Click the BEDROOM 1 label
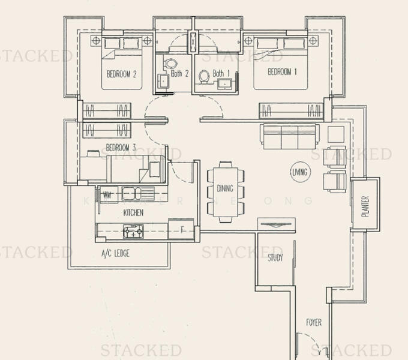pyautogui.click(x=282, y=72)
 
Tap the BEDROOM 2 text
pyautogui.click(x=122, y=74)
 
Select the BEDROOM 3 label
pyautogui.click(x=121, y=148)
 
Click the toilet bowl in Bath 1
pyautogui.click(x=205, y=76)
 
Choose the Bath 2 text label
pyautogui.click(x=180, y=74)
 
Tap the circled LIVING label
pyautogui.click(x=299, y=172)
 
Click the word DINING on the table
pyautogui.click(x=225, y=189)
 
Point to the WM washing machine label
pyautogui.click(x=107, y=194)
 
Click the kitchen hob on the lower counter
pyautogui.click(x=133, y=230)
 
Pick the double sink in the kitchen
pyautogui.click(x=137, y=193)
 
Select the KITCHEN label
pyautogui.click(x=133, y=213)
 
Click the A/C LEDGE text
pyautogui.click(x=115, y=253)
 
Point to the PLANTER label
pyautogui.click(x=365, y=206)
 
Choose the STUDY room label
pyautogui.click(x=275, y=258)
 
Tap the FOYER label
pyautogui.click(x=313, y=323)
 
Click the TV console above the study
pyautogui.click(x=276, y=224)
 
